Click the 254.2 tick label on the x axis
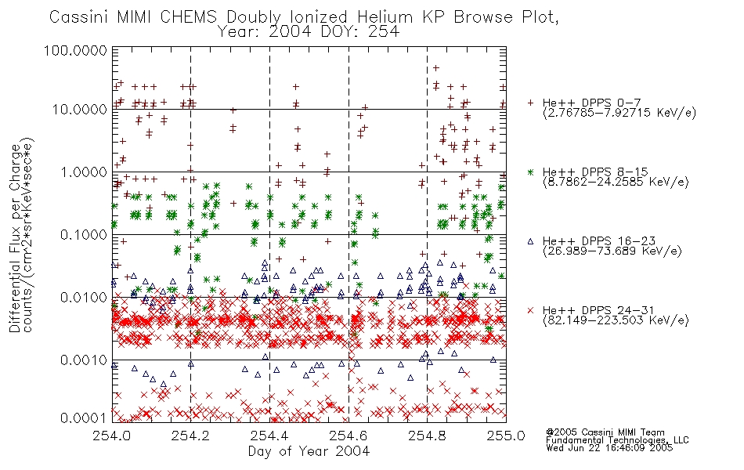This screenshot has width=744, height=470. coord(191,436)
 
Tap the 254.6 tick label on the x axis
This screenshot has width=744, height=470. coord(349,436)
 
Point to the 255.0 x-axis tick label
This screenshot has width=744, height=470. coord(506,436)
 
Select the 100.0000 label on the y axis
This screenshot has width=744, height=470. coord(75,50)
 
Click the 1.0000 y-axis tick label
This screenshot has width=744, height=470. coord(84,172)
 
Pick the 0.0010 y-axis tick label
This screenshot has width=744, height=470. coord(84,360)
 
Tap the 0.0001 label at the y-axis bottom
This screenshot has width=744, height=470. coord(84,418)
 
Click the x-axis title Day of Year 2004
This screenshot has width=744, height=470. coord(309,451)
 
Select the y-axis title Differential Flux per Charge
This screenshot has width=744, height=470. coord(15,238)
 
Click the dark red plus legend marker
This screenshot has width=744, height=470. coord(530,103)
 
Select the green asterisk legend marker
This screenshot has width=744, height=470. coord(530,172)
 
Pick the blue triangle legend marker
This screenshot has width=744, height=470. coord(530,241)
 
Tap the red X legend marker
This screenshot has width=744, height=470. coord(530,310)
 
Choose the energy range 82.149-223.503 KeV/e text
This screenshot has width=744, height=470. coord(616,320)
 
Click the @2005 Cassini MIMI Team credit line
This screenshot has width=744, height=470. coord(605,432)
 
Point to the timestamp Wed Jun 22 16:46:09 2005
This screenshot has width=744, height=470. coord(609,448)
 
